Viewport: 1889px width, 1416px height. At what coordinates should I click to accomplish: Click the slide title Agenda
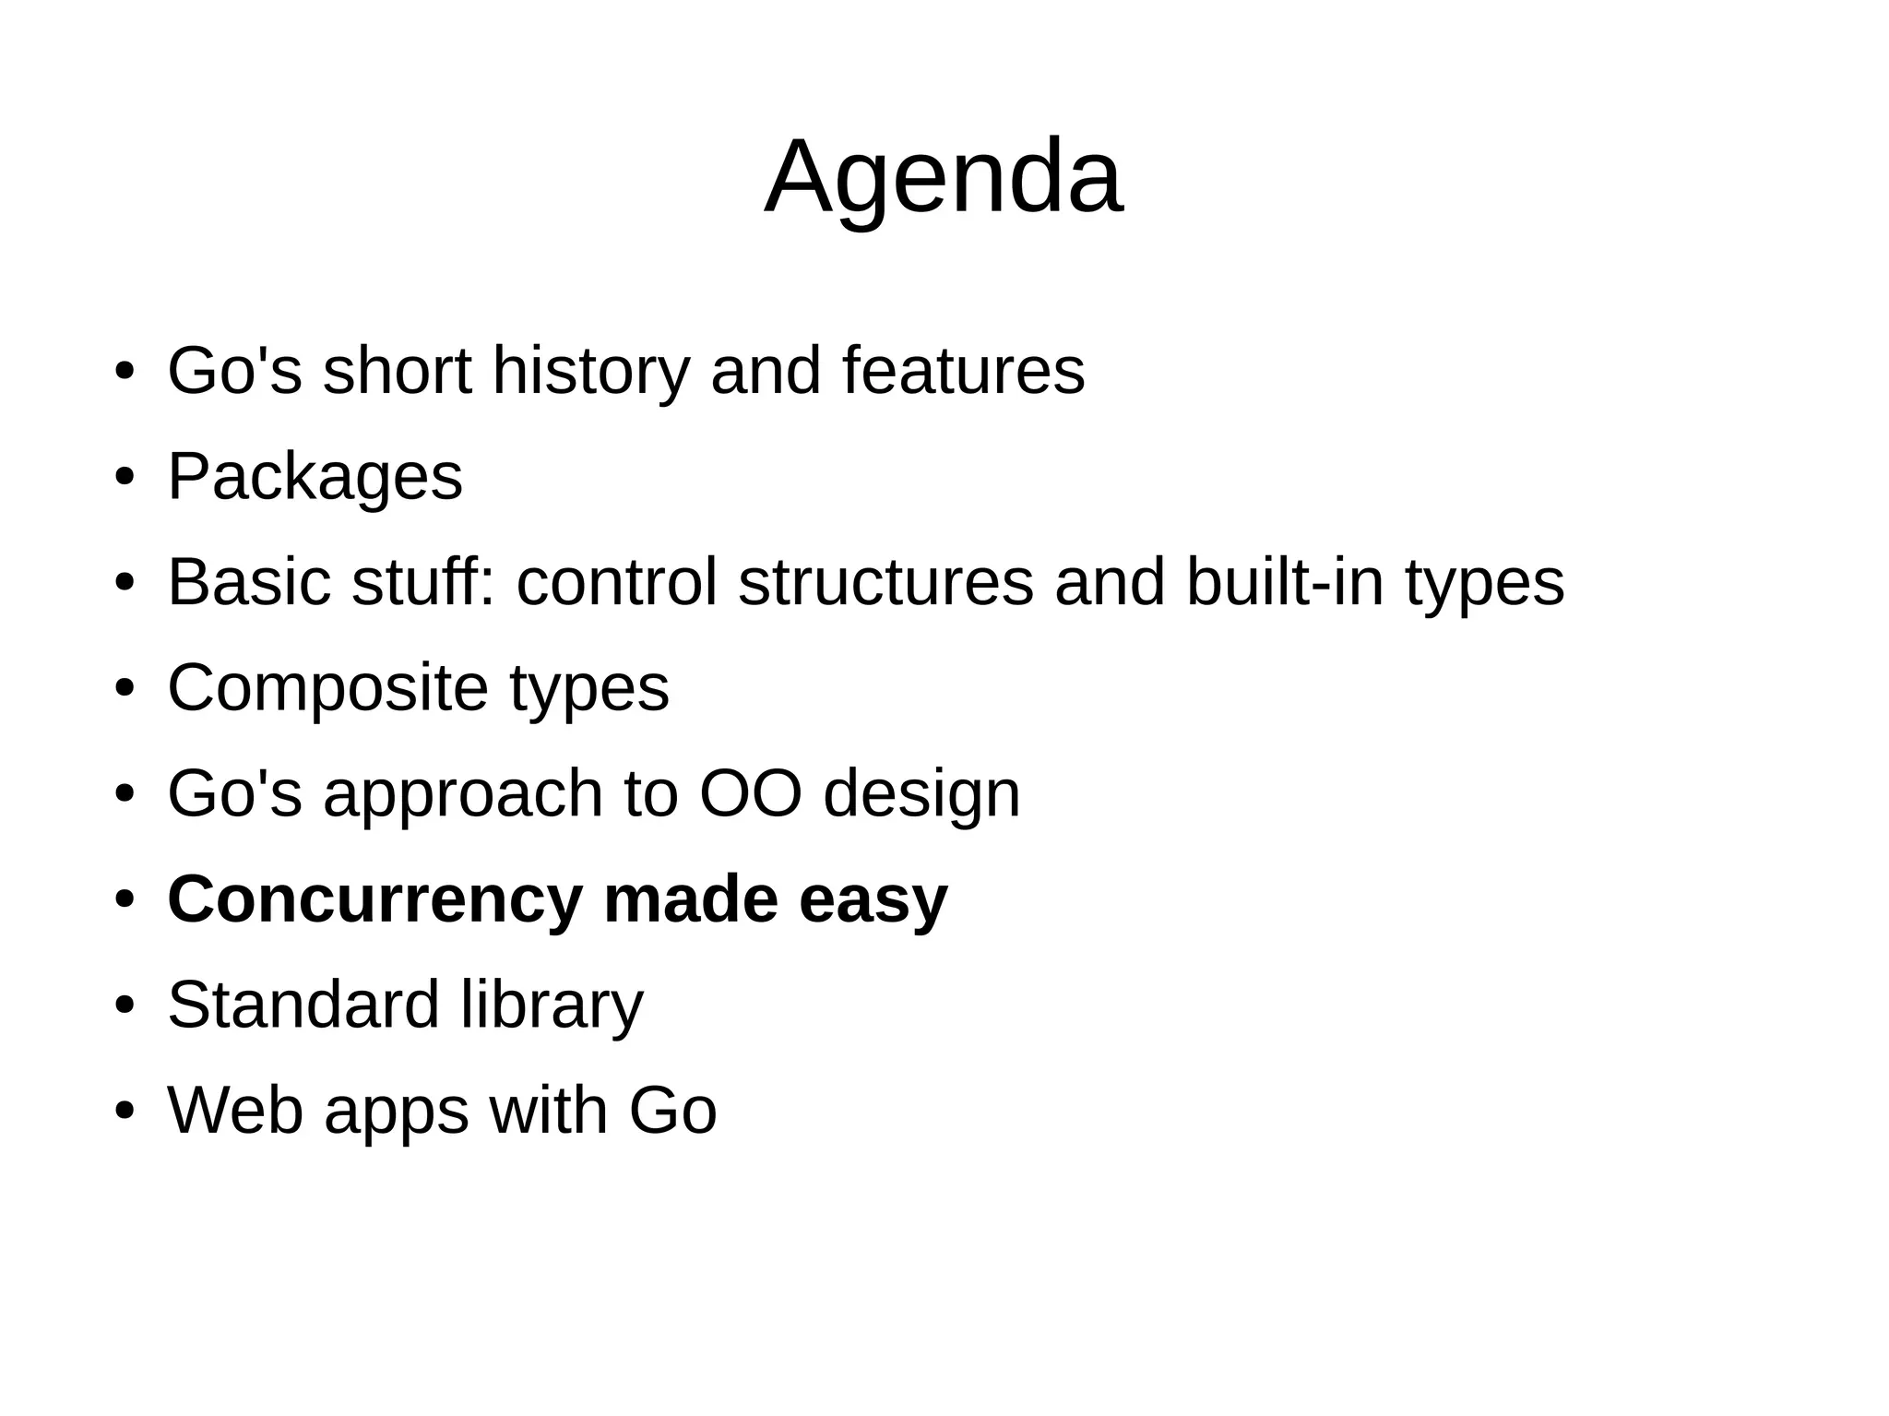pyautogui.click(x=944, y=177)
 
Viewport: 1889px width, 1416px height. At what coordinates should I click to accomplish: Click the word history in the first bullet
pyautogui.click(x=590, y=371)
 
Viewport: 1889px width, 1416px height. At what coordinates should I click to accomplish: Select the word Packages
pyautogui.click(x=315, y=477)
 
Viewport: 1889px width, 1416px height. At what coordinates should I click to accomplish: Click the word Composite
pyautogui.click(x=327, y=688)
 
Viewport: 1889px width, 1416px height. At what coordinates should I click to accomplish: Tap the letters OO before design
pyautogui.click(x=750, y=793)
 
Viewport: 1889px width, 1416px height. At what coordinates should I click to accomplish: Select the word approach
pyautogui.click(x=462, y=795)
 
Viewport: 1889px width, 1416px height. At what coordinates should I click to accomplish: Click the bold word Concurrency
pyautogui.click(x=374, y=899)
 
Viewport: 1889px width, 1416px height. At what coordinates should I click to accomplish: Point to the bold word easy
pyautogui.click(x=873, y=901)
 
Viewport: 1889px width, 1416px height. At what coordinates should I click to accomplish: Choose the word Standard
pyautogui.click(x=303, y=1005)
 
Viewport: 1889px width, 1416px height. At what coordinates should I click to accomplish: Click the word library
pyautogui.click(x=552, y=1005)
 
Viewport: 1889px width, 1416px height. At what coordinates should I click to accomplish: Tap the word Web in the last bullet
pyautogui.click(x=235, y=1111)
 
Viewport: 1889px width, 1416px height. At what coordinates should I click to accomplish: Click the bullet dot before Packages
pyautogui.click(x=125, y=479)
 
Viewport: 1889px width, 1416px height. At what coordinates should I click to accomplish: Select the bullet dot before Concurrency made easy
pyautogui.click(x=125, y=900)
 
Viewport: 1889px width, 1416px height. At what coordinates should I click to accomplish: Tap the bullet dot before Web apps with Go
pyautogui.click(x=125, y=1112)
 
